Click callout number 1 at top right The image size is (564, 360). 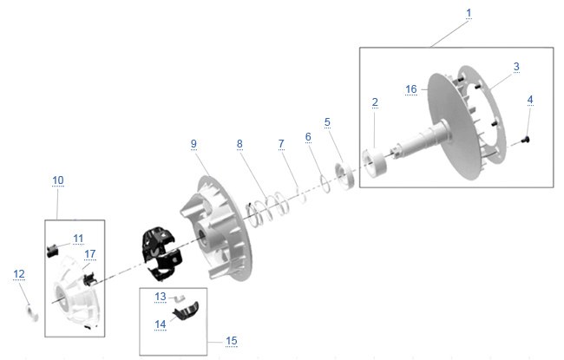point(469,13)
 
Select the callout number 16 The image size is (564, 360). point(410,88)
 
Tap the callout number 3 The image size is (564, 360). point(516,67)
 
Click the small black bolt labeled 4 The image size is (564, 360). point(525,140)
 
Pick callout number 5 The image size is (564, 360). point(327,122)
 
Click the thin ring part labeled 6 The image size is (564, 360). point(325,183)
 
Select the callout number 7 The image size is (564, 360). point(281,144)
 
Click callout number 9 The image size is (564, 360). point(193,143)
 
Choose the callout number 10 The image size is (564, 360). point(58,180)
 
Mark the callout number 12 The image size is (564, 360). point(19,274)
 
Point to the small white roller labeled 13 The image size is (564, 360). point(180,298)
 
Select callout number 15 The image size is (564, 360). point(232,341)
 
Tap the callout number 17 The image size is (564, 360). point(90,254)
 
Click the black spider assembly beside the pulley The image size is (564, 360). point(162,253)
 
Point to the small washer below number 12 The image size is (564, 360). point(33,313)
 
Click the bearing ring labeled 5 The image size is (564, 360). point(344,175)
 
